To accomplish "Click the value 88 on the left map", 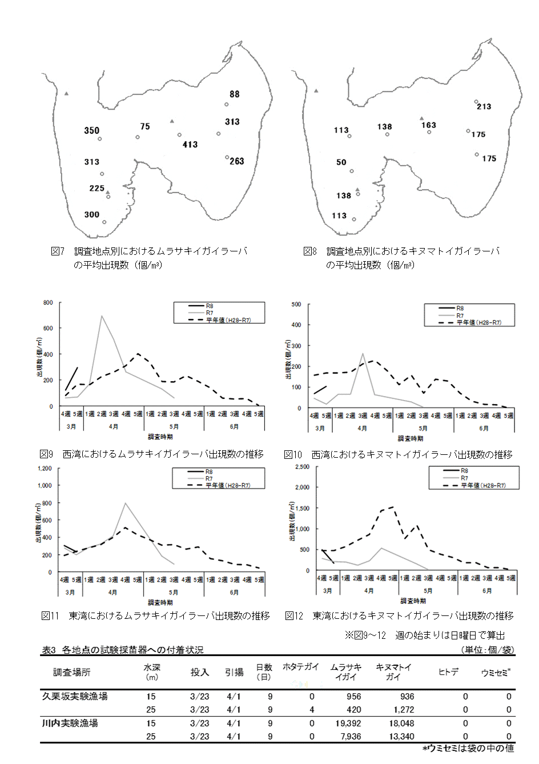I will pos(235,94).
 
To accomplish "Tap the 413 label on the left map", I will pos(190,145).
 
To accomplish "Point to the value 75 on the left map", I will pos(145,127).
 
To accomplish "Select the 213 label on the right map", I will pos(484,107).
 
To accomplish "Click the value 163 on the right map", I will pos(429,125).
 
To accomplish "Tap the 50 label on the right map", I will pos(341,162).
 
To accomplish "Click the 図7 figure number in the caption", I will pos(58,251).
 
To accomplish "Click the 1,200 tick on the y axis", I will pos(44,469).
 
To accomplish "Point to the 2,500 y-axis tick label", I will pos(301,467).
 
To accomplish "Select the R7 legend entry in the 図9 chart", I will pos(210,313).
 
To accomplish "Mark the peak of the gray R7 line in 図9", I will pos(102,315).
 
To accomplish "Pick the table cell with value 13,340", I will pos(401,737).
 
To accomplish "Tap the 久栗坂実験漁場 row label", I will pos(75,697).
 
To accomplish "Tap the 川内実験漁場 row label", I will pos(70,723).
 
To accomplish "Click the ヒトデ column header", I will pos(448,672).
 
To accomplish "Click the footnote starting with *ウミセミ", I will pos(468,749).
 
